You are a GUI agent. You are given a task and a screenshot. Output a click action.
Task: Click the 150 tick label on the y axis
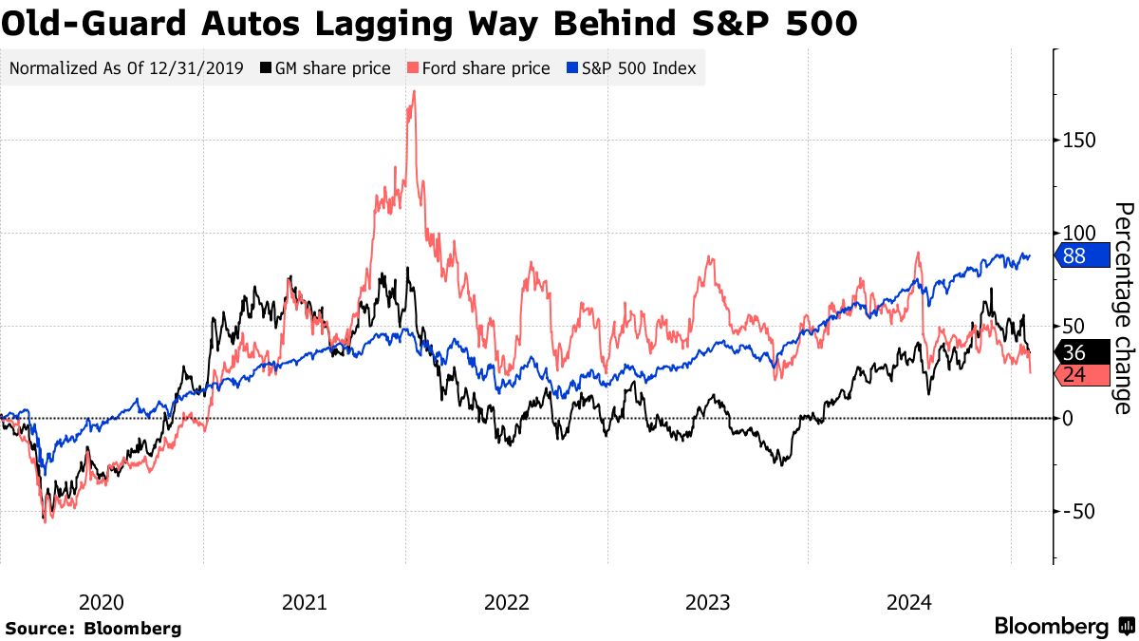1078,140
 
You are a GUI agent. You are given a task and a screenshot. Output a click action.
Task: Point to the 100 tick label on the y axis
1078,233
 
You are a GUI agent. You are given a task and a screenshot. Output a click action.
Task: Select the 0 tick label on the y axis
1068,418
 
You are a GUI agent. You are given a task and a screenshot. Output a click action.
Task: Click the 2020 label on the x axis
102,602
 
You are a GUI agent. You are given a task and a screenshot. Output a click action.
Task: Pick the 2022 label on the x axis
506,602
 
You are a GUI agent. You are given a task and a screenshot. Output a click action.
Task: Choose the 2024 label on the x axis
909,602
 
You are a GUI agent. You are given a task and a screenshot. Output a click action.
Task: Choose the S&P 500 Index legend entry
631,68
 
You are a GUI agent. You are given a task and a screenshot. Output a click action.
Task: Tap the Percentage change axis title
1123,308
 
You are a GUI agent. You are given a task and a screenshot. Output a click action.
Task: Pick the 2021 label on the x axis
305,602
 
